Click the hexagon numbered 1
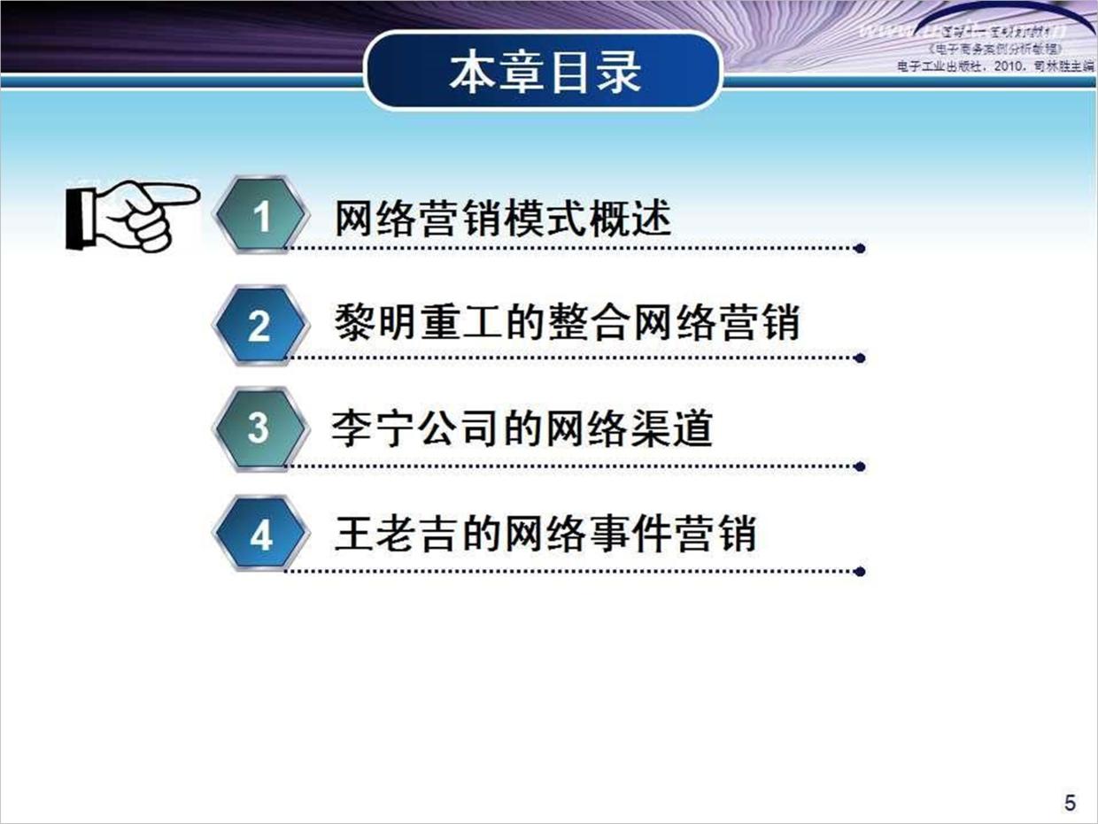coord(261,216)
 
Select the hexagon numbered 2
coord(259,326)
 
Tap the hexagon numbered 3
coord(259,429)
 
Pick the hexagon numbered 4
coord(260,535)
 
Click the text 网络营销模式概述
coord(502,218)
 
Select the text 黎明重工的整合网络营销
coord(567,323)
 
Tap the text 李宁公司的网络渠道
coord(522,428)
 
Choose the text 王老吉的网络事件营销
coord(545,535)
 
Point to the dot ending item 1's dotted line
coord(860,250)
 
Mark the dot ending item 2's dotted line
coord(860,359)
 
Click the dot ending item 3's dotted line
coord(860,466)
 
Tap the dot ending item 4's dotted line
coord(860,572)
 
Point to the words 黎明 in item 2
coord(365,323)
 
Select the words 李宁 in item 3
coord(360,428)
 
